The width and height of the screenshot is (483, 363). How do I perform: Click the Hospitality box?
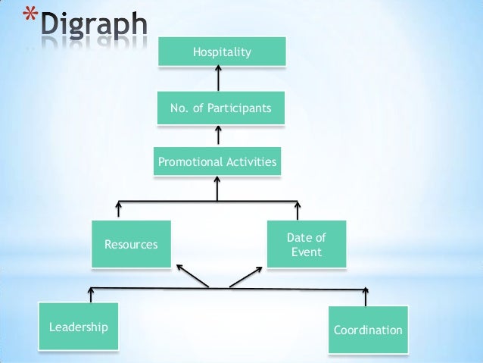click(222, 52)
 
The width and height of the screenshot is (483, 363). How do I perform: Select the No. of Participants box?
click(220, 108)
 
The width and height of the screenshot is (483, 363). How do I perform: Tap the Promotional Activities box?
click(217, 162)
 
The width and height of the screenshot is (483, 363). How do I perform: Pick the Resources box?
click(131, 244)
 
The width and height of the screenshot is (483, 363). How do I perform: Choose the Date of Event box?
click(307, 244)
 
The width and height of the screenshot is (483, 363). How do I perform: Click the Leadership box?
click(79, 327)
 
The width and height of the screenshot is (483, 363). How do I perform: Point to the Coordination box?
click(368, 330)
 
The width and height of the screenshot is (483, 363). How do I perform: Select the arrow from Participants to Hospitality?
click(219, 78)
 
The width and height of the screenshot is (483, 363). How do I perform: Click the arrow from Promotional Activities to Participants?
click(219, 134)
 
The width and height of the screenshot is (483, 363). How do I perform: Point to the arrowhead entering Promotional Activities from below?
click(217, 183)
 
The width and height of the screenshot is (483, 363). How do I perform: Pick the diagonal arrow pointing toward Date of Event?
click(246, 276)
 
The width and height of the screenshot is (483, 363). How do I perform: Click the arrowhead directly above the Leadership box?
click(91, 291)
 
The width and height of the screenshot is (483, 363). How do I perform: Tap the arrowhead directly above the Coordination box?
click(366, 291)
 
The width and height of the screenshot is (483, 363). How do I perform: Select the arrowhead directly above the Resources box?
click(118, 205)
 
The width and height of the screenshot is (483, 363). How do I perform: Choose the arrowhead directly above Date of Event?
click(298, 205)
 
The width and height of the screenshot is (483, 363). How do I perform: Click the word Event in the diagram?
click(307, 252)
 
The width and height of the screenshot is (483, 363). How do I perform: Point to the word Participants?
click(241, 108)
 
